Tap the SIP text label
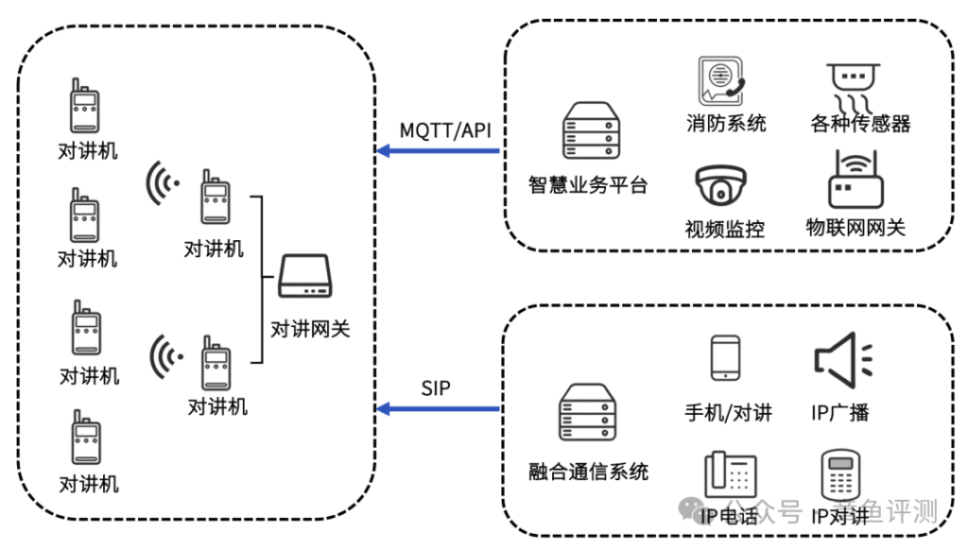[436, 387]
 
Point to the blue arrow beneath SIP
[438, 408]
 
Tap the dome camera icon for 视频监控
[721, 186]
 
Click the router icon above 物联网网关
[855, 180]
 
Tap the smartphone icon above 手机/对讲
[725, 359]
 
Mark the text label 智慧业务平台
[588, 184]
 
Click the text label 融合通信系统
[589, 471]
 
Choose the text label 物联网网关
[855, 227]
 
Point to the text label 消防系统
[726, 123]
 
